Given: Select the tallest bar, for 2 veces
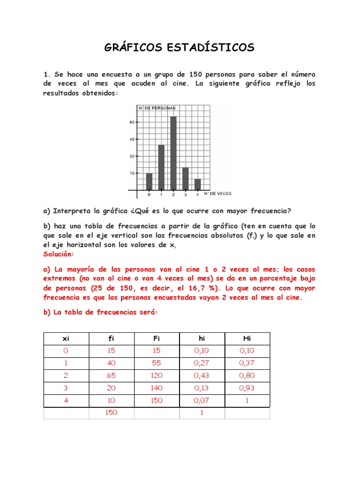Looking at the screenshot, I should point(173,152).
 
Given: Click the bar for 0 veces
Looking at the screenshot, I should point(149,181).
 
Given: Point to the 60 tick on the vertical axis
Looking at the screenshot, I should point(132,122).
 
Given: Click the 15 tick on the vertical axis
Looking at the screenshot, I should point(132,173).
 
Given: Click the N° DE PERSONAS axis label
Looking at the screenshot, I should point(156,108).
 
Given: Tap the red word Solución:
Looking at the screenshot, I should point(59,254).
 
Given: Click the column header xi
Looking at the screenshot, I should point(66,338).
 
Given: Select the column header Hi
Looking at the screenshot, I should point(247,338).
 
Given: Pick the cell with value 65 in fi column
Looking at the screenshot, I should point(111,375).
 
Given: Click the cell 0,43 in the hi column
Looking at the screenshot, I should point(202,375).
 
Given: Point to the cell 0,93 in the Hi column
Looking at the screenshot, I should point(247,388).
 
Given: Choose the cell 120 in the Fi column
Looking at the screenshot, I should point(157,375).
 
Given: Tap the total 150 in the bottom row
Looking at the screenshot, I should point(111,412).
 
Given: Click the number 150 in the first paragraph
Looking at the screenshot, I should point(195,75).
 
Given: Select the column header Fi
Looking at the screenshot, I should point(157,338).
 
